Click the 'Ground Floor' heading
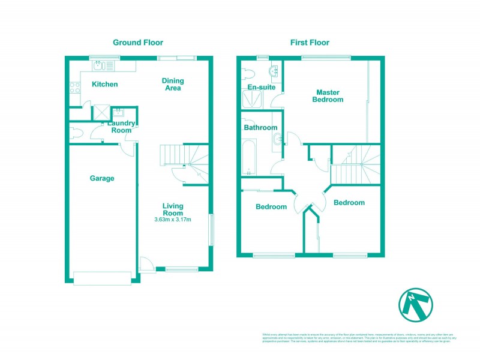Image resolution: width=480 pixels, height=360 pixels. coord(138,43)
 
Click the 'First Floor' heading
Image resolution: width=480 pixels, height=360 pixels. coord(310,43)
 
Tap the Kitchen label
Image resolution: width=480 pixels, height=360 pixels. coord(104,85)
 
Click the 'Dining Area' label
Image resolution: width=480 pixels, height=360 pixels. coord(173,85)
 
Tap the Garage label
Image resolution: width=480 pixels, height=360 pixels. coord(102,178)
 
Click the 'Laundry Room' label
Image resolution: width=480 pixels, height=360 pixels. coord(120,127)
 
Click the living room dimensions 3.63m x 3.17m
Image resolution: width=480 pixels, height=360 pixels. coord(173,219)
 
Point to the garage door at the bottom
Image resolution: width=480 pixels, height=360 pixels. coord(101,277)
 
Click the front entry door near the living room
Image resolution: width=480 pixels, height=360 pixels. coord(146,264)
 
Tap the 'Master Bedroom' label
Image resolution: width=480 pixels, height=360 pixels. coord(328,96)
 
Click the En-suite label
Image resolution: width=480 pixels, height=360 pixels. coord(261,88)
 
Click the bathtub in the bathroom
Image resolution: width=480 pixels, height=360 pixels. coord(250,157)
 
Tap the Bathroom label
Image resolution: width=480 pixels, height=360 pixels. coord(260,128)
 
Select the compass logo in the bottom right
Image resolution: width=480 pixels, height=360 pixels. coord(416,305)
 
